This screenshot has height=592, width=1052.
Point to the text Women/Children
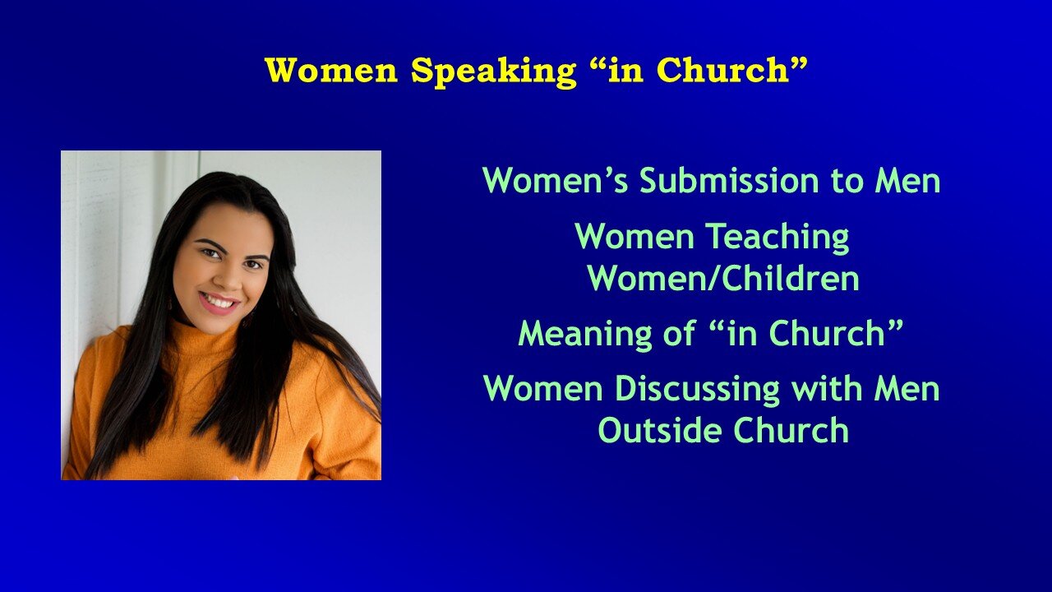coord(723,280)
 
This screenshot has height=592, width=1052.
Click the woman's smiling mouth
coord(219,303)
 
